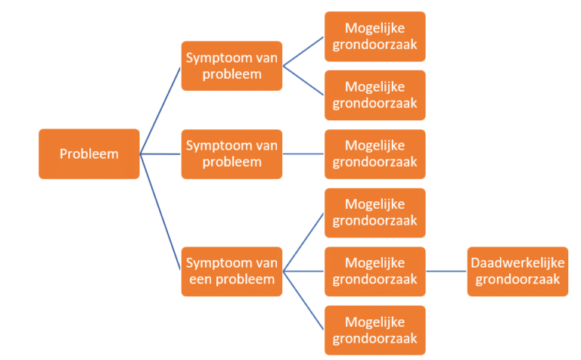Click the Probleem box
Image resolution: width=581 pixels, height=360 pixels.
[x=89, y=154]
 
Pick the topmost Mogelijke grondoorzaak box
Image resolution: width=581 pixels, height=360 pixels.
[x=374, y=36]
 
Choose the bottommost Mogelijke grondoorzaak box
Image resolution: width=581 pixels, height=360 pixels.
[x=374, y=330]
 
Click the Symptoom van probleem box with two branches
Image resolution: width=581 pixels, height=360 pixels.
[x=231, y=67]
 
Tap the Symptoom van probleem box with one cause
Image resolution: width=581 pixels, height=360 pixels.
[x=231, y=154]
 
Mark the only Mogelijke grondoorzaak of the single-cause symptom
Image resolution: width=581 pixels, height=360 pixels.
[x=374, y=154]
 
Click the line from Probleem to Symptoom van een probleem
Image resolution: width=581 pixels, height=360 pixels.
[x=161, y=212]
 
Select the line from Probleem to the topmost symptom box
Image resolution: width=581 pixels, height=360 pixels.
[x=160, y=110]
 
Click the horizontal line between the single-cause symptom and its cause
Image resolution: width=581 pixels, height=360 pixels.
[x=303, y=154]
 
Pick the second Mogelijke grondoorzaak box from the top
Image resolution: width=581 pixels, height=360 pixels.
[x=374, y=95]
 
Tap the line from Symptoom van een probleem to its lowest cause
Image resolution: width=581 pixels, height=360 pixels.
[x=303, y=301]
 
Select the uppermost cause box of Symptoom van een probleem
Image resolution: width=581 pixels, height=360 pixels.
[x=374, y=213]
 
